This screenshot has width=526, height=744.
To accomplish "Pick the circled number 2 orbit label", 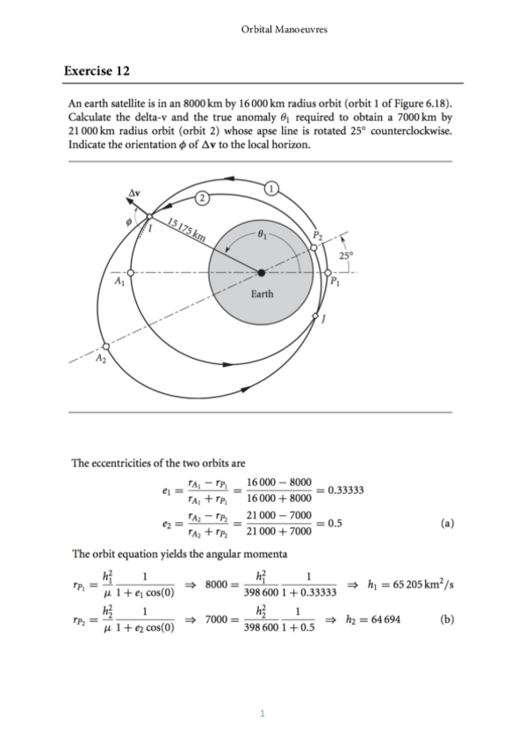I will coord(202,198).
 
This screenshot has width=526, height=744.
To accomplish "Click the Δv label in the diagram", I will coord(134,190).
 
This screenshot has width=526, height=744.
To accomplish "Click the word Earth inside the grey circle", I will coord(262,293).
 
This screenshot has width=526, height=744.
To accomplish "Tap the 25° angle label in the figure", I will coord(344,257).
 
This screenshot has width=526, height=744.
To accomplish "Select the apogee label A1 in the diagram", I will coord(119,280).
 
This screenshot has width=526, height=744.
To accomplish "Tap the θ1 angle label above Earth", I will coord(262,234).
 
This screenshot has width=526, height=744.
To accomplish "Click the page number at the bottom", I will coord(262,713).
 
